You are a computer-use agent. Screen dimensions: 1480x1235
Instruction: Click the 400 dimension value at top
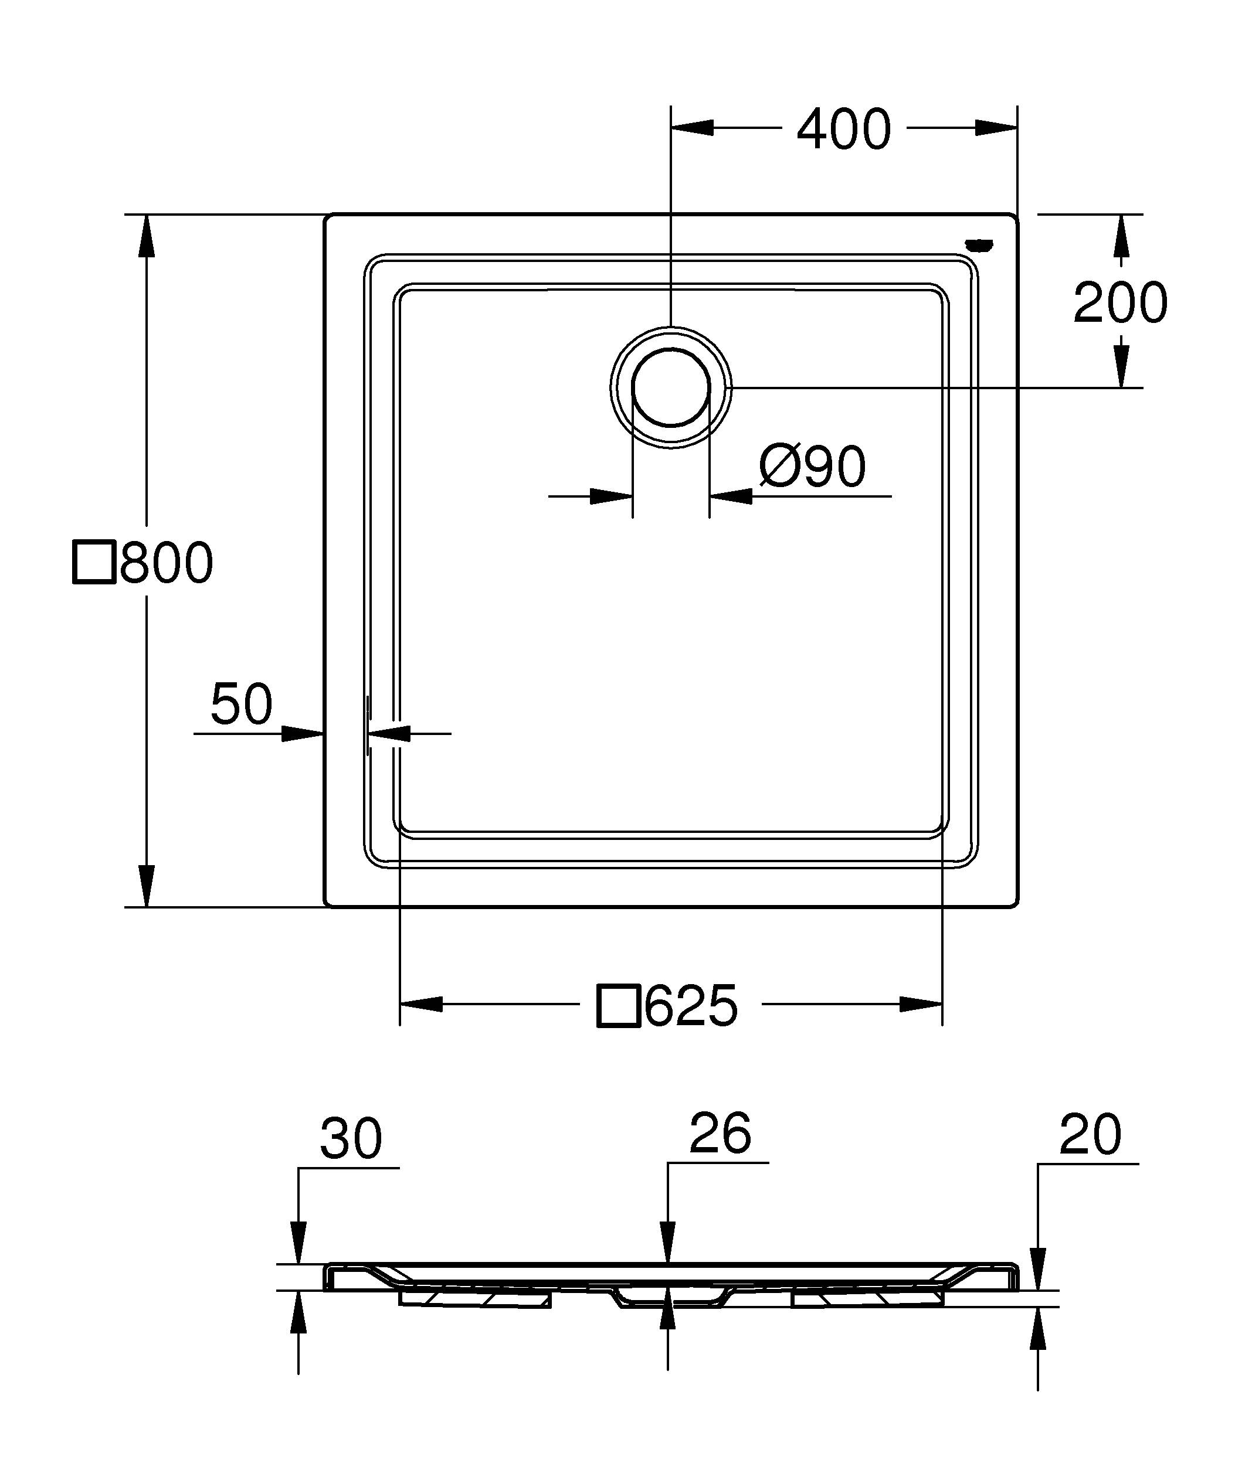pyautogui.click(x=844, y=130)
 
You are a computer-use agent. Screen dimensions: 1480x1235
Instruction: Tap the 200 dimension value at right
pyautogui.click(x=1120, y=303)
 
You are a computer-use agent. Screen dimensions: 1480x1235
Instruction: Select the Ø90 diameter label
pyautogui.click(x=812, y=466)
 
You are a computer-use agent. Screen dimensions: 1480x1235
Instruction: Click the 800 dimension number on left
pyautogui.click(x=167, y=563)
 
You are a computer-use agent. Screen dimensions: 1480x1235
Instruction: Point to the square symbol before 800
pyautogui.click(x=94, y=563)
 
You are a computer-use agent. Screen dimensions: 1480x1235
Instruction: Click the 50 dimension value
pyautogui.click(x=241, y=704)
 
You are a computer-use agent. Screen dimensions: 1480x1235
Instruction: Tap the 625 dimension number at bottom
pyautogui.click(x=691, y=1006)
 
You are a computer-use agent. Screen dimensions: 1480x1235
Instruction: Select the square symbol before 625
pyautogui.click(x=618, y=1006)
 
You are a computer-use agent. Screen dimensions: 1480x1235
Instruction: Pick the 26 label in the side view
pyautogui.click(x=720, y=1133)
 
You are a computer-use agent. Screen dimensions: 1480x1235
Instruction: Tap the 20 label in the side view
pyautogui.click(x=1089, y=1135)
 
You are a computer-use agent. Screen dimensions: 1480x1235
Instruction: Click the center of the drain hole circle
pyautogui.click(x=670, y=387)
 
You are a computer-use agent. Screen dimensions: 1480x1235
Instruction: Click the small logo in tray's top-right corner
pyautogui.click(x=979, y=244)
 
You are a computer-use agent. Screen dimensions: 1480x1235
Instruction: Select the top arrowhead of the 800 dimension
pyautogui.click(x=146, y=236)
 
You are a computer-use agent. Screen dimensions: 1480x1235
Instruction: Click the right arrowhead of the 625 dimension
pyautogui.click(x=921, y=1004)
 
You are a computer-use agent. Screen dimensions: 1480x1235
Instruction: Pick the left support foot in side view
pyautogui.click(x=474, y=1298)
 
